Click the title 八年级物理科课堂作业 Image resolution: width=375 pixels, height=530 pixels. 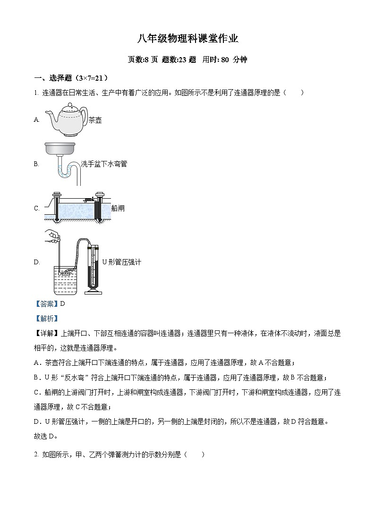pos(187,39)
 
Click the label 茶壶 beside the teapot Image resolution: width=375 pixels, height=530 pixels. pos(95,120)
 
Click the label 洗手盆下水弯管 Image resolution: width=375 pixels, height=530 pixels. pos(104,164)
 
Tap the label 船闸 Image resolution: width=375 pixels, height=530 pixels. pos(118,208)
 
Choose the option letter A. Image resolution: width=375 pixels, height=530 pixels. pos(36,120)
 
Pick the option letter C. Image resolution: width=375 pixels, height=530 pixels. pos(36,208)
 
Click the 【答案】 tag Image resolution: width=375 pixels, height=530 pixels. pos(46,304)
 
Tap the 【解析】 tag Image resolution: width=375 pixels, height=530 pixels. pos(46,319)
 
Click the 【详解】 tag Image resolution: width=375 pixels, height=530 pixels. pos(46,333)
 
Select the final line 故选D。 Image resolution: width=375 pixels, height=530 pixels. pos(49,436)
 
